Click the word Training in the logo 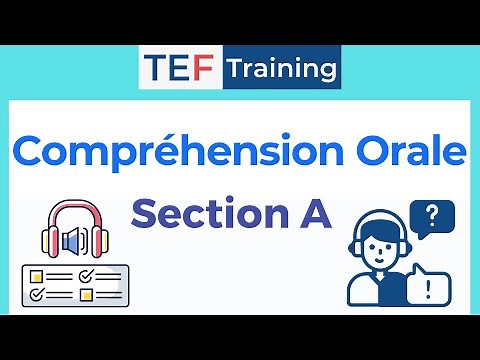(281, 68)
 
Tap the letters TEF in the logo (180, 68)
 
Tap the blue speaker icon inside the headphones (74, 241)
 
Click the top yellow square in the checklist (36, 274)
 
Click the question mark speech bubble (431, 216)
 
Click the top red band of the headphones (74, 212)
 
